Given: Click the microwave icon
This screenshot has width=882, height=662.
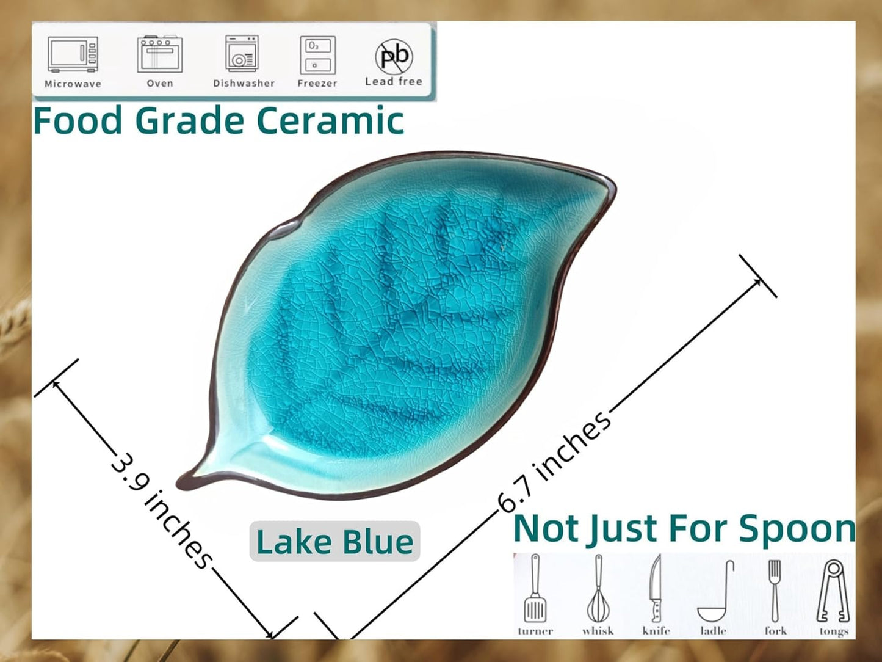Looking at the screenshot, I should (73, 55).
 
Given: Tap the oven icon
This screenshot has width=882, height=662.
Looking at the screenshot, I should (159, 54).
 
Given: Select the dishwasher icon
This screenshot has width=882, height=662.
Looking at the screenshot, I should (242, 54).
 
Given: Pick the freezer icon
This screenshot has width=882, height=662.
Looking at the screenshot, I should (317, 55).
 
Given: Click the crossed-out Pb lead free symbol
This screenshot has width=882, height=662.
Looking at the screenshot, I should (394, 56).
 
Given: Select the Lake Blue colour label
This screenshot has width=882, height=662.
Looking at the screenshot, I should (334, 542).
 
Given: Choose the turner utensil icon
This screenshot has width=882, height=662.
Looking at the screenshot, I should (535, 589).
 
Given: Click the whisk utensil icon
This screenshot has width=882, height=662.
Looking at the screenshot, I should (598, 589).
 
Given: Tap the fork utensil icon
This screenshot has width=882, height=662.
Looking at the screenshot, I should (775, 590).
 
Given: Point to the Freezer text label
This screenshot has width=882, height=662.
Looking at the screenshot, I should (317, 83).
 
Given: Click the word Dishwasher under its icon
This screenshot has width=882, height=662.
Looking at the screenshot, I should (244, 83).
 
